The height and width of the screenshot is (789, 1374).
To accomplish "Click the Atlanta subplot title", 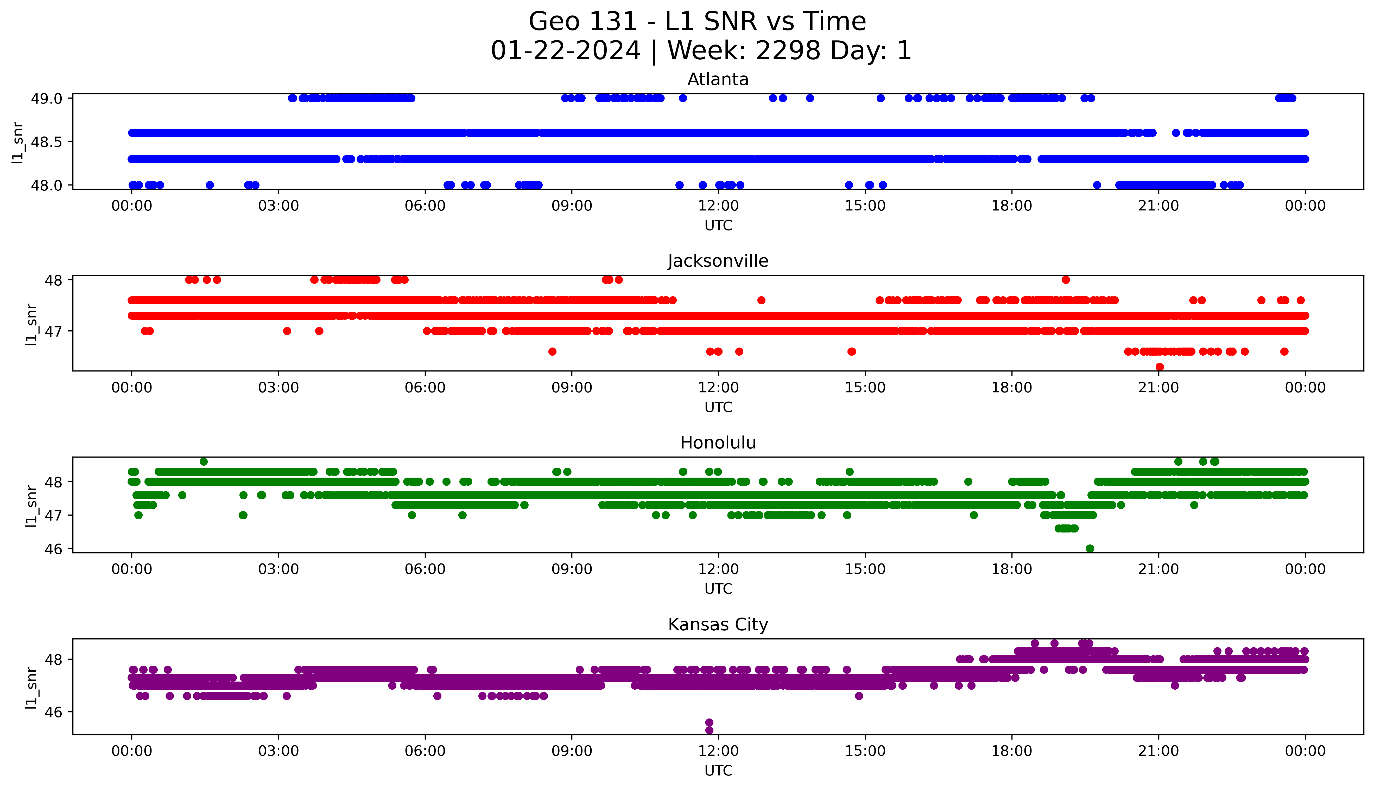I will [x=718, y=80].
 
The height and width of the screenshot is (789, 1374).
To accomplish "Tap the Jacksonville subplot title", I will [x=718, y=261].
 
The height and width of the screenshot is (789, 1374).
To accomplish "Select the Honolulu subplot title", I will [x=718, y=443].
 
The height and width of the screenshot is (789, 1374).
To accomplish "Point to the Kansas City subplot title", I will [x=718, y=625].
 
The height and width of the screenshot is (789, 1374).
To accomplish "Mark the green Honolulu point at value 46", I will [x=1090, y=548].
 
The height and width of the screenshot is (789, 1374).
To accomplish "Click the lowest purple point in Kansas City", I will [x=709, y=730].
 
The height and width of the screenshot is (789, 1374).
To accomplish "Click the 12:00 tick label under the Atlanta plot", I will [x=718, y=206].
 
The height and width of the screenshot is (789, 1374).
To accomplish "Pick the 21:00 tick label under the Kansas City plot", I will [x=1158, y=751].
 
